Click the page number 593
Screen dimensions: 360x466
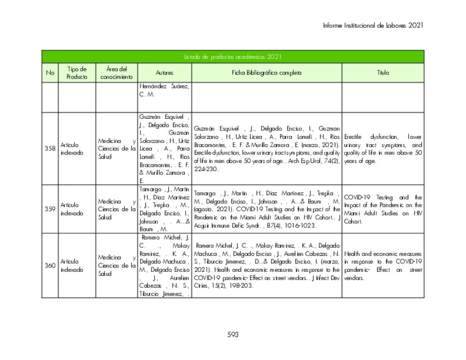pos(233,335)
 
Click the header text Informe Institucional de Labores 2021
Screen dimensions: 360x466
pos(373,25)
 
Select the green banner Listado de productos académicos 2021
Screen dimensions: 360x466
pos(233,57)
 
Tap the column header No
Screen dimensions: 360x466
pos(50,73)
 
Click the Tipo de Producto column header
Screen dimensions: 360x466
pos(77,73)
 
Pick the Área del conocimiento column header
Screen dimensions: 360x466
pos(116,73)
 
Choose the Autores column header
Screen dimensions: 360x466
pos(164,73)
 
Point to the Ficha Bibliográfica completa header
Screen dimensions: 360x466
pos(267,73)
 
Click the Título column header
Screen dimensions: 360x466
pos(383,73)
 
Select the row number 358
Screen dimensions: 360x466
pos(50,149)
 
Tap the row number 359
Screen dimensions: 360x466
pos(50,209)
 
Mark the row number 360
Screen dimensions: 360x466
pos(50,265)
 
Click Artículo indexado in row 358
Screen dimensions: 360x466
pos(71,149)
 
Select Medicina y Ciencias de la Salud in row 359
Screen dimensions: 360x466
pos(117,209)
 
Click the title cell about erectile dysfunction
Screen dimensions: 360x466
pos(383,149)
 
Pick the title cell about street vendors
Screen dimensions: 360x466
pos(383,266)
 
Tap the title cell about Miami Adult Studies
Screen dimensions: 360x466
pos(383,209)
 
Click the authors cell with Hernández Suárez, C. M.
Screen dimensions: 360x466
pos(164,91)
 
